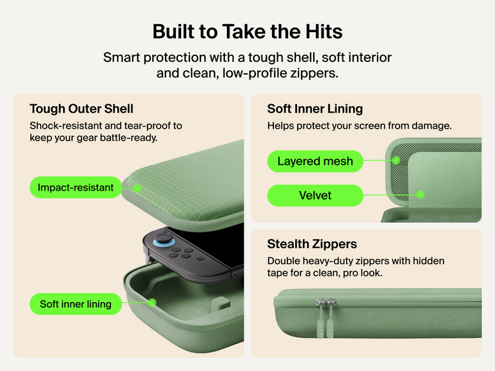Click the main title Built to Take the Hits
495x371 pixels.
click(x=247, y=32)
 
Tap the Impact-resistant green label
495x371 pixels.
click(x=75, y=187)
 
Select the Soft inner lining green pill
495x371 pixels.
click(x=75, y=304)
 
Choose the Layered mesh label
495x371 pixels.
click(x=315, y=161)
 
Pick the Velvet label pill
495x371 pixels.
click(x=315, y=195)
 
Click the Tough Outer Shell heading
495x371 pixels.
click(x=81, y=108)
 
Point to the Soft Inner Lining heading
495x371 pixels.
click(x=315, y=108)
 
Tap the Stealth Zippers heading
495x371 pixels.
click(x=312, y=244)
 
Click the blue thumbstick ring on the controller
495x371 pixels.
click(x=164, y=243)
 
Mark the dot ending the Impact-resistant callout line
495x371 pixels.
click(x=137, y=188)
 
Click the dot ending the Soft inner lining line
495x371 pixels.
click(x=152, y=303)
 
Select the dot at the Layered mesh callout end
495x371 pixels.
click(x=396, y=160)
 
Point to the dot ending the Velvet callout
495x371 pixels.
click(x=420, y=195)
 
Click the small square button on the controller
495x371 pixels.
click(x=200, y=259)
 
